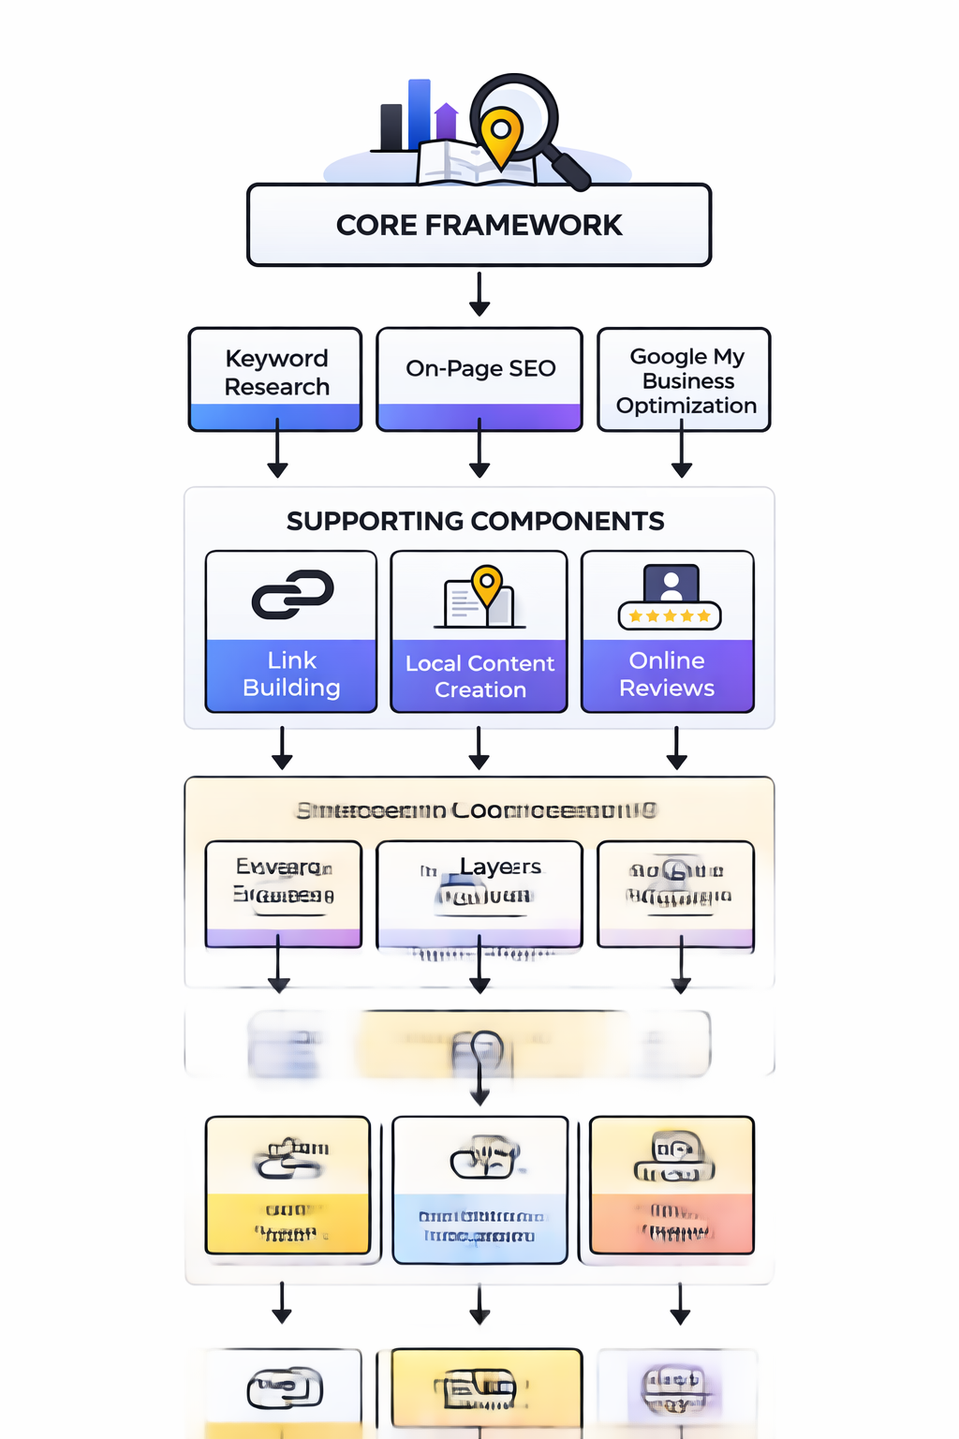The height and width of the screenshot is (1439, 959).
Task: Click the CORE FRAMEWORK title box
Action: tap(479, 225)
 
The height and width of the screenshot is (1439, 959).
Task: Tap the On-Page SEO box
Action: tap(479, 369)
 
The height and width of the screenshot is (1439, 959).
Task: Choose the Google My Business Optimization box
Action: tap(685, 380)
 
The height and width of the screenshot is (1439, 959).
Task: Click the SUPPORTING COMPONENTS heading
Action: tap(476, 521)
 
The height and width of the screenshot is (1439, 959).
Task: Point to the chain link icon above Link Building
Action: tap(292, 595)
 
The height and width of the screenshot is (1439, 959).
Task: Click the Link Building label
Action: tap(291, 675)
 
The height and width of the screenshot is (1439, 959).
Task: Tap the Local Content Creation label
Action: tap(479, 676)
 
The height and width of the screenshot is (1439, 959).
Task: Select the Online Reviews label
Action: tap(667, 675)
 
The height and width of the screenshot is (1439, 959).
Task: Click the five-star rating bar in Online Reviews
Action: tap(670, 616)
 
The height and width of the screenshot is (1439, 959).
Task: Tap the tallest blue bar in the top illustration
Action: tap(419, 114)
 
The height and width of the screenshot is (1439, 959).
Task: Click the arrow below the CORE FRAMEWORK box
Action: tap(479, 294)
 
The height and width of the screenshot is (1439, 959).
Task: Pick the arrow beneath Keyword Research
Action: tap(277, 450)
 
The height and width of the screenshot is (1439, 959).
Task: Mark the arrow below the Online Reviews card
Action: tap(676, 749)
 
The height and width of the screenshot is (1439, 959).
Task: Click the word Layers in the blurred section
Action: tap(500, 868)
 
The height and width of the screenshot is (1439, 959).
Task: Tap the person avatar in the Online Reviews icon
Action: tap(671, 586)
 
